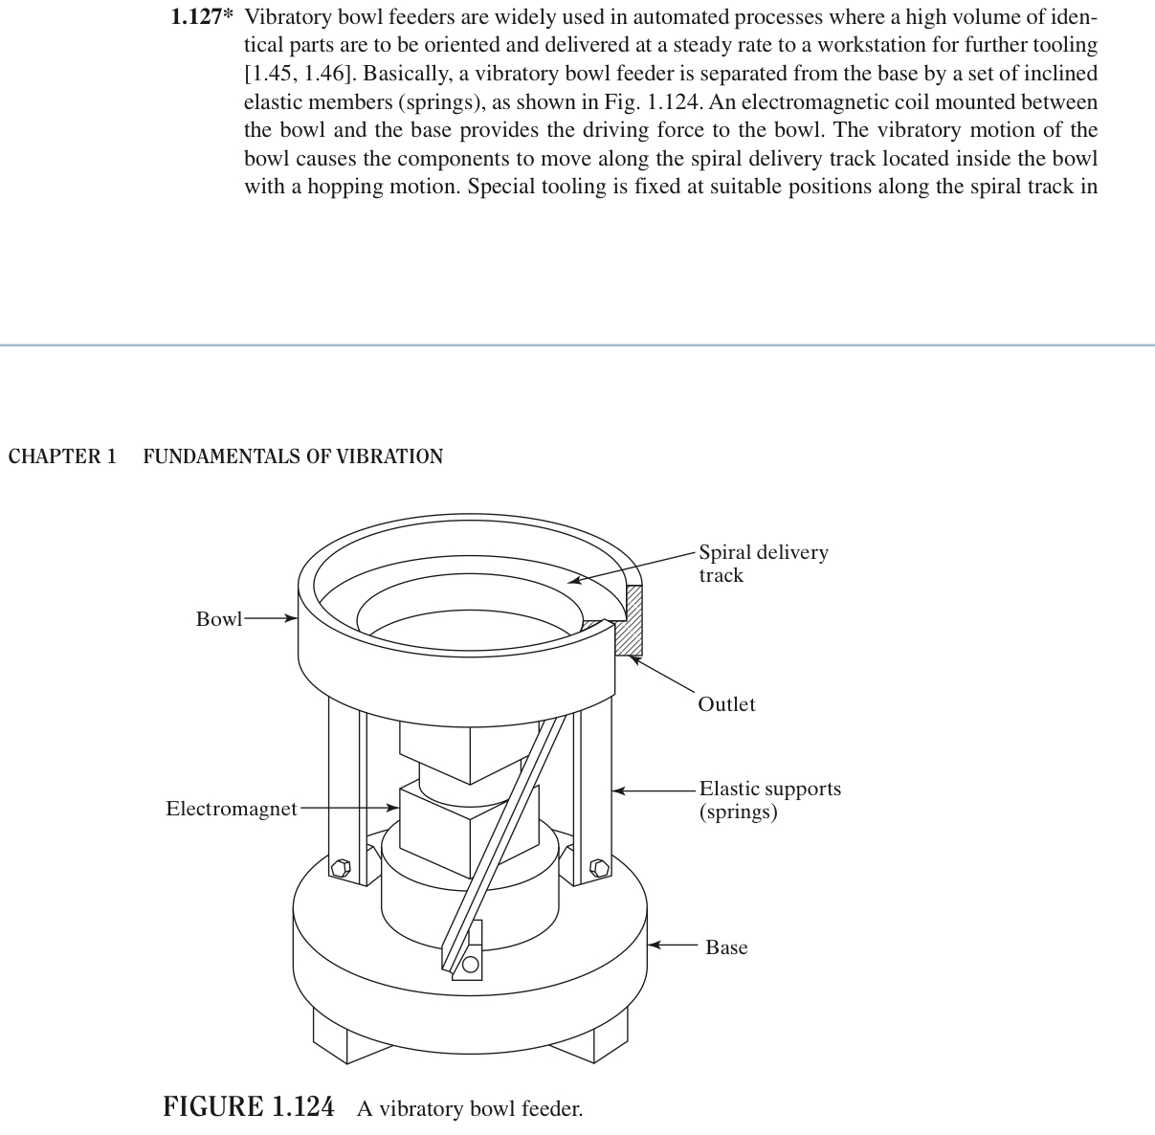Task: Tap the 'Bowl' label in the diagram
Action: (219, 619)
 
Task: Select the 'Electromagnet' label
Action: (232, 809)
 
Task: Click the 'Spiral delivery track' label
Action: (763, 564)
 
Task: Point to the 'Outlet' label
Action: (726, 704)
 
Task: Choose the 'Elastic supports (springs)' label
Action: (769, 800)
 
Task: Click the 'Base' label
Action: (726, 947)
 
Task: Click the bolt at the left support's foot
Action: (340, 869)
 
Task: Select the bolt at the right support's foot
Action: (600, 869)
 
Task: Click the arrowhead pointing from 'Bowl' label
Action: (293, 618)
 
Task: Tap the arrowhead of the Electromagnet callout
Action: (392, 809)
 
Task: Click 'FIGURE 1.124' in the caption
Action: (249, 1107)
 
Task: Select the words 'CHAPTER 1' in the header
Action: (62, 456)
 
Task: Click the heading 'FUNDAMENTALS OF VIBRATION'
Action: (293, 456)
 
